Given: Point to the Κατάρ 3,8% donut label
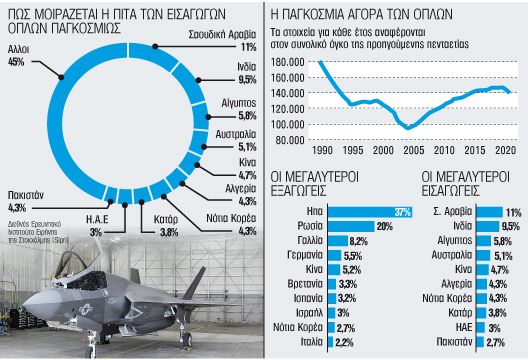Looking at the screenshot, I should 168,225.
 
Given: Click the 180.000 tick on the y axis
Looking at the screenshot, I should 291,63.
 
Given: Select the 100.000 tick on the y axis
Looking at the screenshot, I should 291,124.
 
